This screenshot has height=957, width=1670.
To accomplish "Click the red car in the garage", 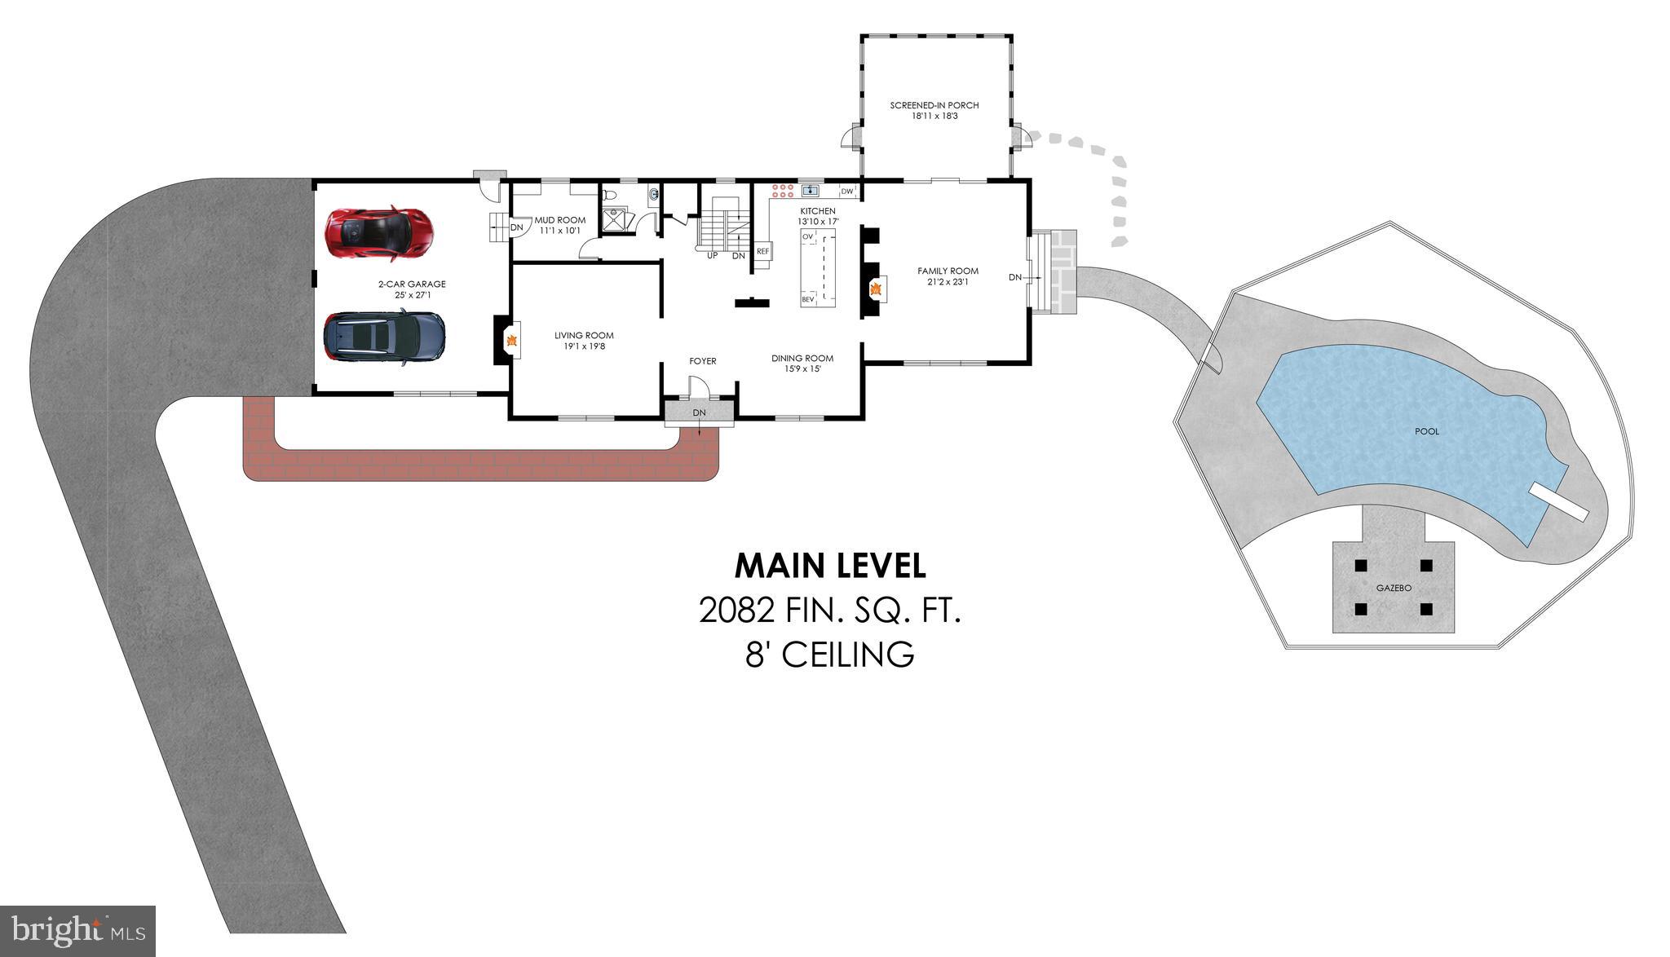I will pyautogui.click(x=379, y=234).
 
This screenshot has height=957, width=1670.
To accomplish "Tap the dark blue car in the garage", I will pyautogui.click(x=384, y=337).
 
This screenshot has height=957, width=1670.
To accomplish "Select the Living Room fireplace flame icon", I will pyautogui.click(x=512, y=341).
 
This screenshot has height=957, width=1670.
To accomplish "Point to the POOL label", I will pyautogui.click(x=1427, y=431).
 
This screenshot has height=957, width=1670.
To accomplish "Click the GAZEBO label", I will pyautogui.click(x=1394, y=588).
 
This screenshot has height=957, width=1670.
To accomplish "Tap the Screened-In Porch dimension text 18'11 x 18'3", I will pyautogui.click(x=934, y=117).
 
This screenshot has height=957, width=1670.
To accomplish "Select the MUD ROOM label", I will pyautogui.click(x=560, y=220).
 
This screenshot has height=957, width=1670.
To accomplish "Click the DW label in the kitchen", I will pyautogui.click(x=847, y=192).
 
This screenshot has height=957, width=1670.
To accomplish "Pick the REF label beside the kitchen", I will pyautogui.click(x=762, y=252).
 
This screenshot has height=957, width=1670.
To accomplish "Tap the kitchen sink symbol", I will pyautogui.click(x=811, y=191).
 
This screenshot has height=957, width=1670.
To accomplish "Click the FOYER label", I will pyautogui.click(x=703, y=361).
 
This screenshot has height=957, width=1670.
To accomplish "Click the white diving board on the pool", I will pyautogui.click(x=1558, y=501).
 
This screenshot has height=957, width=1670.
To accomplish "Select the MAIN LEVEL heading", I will pyautogui.click(x=830, y=566).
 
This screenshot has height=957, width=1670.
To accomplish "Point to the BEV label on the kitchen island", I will pyautogui.click(x=808, y=300).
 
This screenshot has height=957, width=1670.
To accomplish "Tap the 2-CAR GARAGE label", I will pyautogui.click(x=412, y=284).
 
